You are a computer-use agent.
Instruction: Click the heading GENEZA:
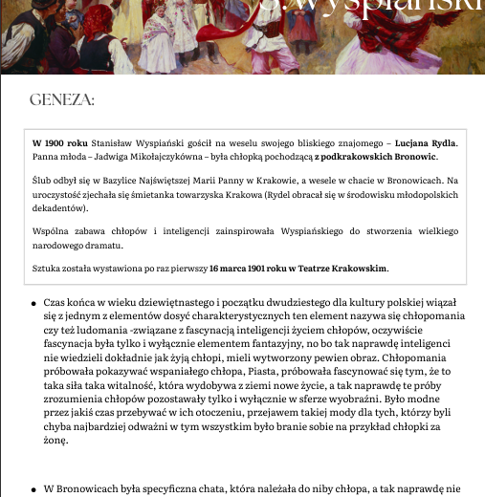[61, 100]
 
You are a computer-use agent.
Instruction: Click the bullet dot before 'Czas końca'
[33, 301]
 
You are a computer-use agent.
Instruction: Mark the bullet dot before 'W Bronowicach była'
[33, 488]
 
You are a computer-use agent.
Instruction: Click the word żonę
[55, 445]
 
